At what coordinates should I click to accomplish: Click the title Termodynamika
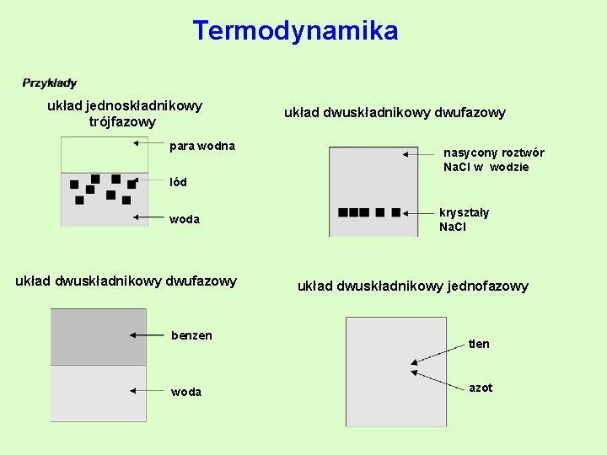[x=295, y=31]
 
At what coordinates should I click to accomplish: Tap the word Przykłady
[x=50, y=83]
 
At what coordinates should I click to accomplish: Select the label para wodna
[x=202, y=147]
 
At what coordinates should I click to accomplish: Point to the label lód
[x=178, y=182]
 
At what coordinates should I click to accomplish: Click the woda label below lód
[x=185, y=219]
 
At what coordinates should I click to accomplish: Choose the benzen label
[x=191, y=335]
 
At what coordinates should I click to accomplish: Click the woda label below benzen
[x=186, y=392]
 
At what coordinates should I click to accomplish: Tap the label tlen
[x=479, y=344]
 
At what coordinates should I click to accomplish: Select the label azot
[x=481, y=388]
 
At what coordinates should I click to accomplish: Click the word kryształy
[x=464, y=213]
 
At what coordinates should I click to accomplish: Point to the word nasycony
[x=470, y=153]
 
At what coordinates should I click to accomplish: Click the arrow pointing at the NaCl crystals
[x=419, y=213]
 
